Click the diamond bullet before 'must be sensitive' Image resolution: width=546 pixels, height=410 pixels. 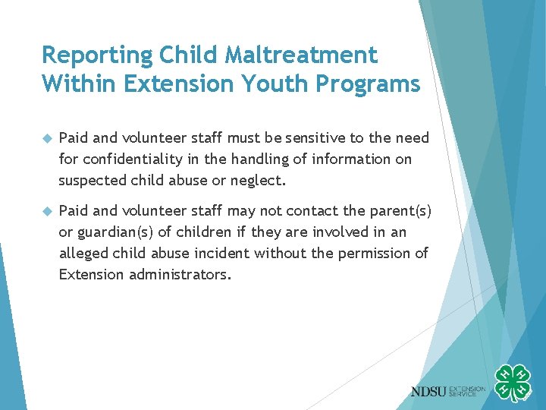pos(46,138)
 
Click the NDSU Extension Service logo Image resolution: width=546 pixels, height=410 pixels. pos(448,391)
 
